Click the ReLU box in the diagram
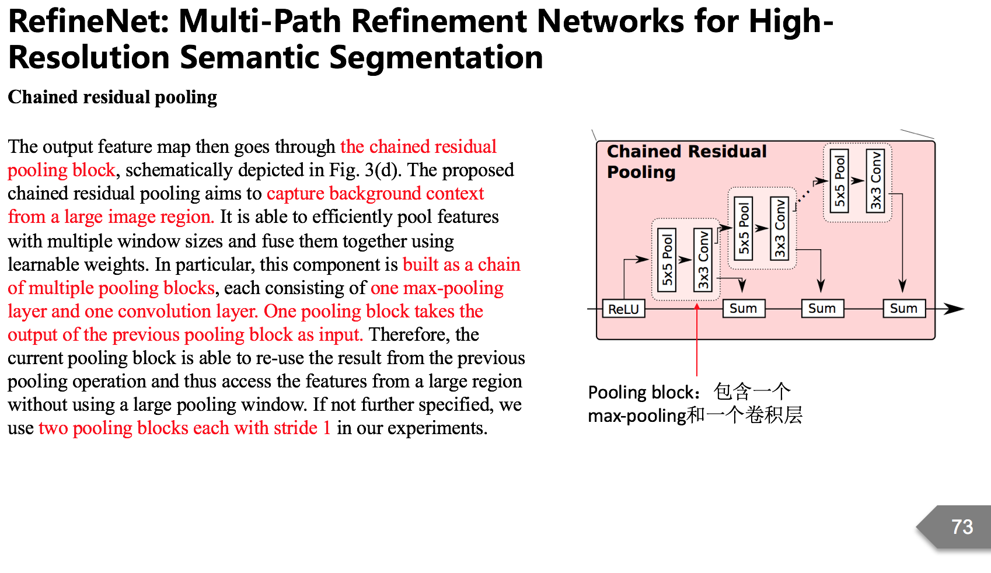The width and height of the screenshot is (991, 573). coord(623,309)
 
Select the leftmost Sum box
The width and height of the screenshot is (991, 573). coord(743,309)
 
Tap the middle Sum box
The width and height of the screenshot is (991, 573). coord(822,309)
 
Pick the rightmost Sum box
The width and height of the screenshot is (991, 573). coord(903,309)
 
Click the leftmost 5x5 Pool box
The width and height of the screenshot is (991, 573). coord(667,260)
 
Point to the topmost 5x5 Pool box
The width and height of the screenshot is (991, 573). coord(839,181)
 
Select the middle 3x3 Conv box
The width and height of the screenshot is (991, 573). coord(780,228)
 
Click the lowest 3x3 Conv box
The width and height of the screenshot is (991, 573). coord(703,260)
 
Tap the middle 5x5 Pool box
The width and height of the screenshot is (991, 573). coord(744,228)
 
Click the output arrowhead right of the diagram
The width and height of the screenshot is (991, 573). coord(955,309)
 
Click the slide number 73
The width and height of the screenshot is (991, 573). coord(962,527)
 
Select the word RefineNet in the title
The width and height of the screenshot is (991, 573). coord(88,22)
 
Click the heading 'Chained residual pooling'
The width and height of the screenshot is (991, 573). coord(113,97)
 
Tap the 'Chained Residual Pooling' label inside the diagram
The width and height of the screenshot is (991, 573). coord(686,162)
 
